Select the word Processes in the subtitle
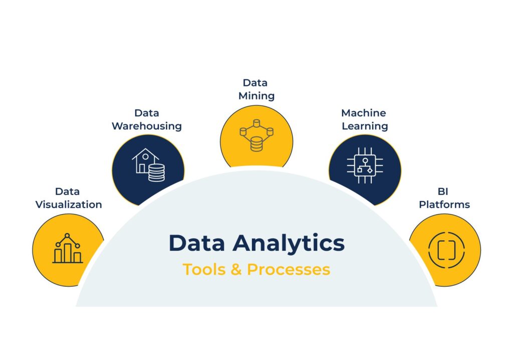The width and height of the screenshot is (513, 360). point(289,270)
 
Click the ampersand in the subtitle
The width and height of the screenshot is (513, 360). point(236,270)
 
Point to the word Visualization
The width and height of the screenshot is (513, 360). point(69,205)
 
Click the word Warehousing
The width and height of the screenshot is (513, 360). point(147,126)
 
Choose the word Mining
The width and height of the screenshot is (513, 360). point(256,96)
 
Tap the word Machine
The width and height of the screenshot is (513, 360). point(364,113)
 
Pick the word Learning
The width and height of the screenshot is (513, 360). point(365,126)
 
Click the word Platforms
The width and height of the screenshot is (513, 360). point(444,205)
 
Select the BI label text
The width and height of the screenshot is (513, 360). point(443,192)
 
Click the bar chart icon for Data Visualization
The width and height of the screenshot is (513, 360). point(68,248)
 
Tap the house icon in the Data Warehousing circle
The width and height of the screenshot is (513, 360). point(144,160)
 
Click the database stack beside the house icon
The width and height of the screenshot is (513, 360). point(156,172)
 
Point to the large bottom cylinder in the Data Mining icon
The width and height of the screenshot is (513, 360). point(256,144)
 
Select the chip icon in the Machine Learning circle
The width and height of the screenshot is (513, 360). point(365,165)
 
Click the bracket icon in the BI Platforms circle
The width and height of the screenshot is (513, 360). point(446,250)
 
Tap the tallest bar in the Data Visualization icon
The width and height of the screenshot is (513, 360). point(68,253)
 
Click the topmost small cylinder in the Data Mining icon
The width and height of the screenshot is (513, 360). point(256,123)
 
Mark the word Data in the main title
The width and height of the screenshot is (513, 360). point(197,243)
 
